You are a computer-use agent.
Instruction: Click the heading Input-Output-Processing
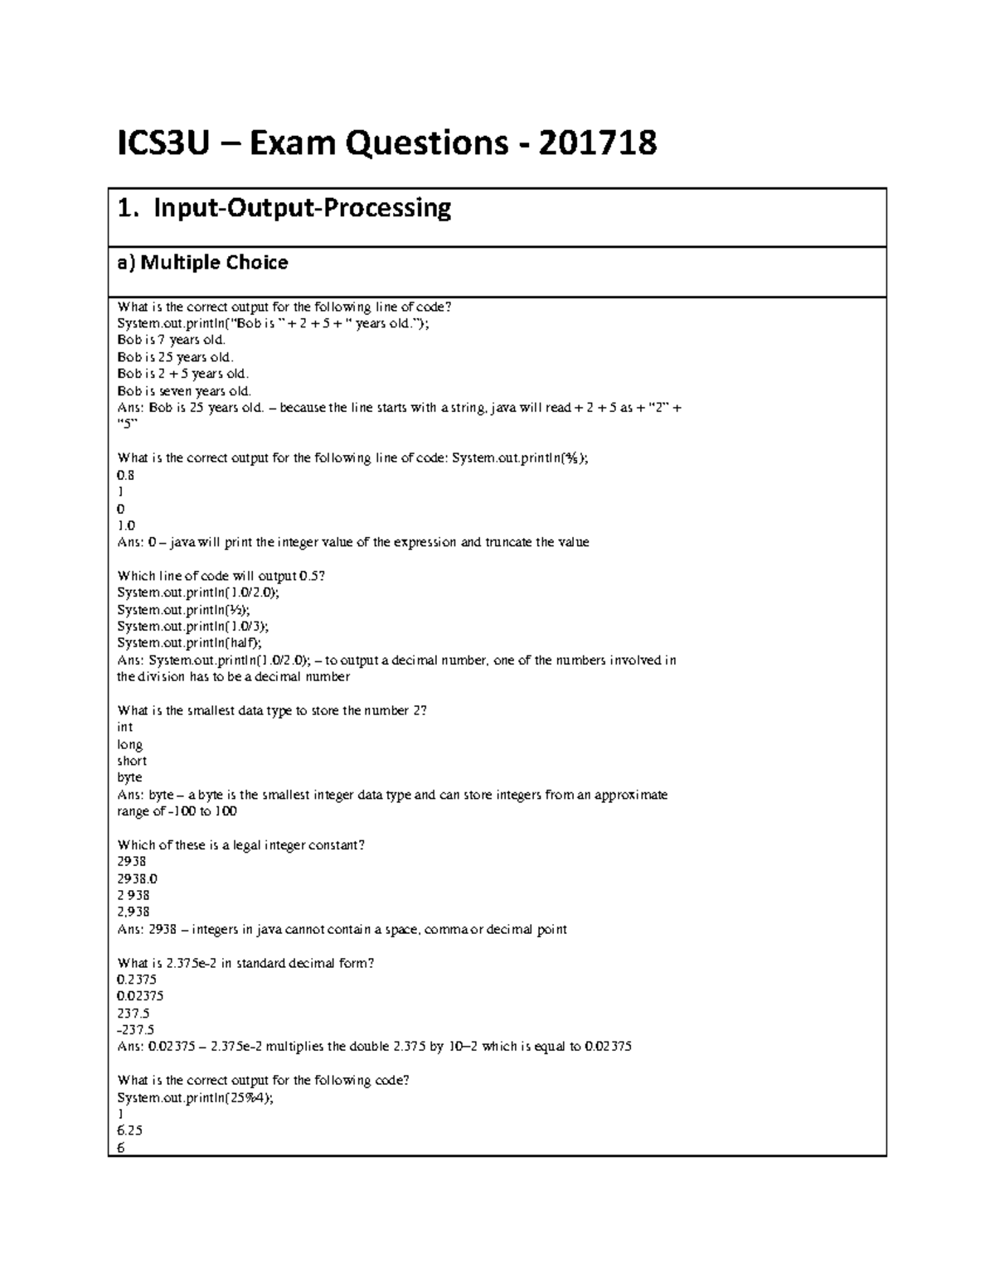point(302,208)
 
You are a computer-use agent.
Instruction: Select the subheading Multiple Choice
point(214,263)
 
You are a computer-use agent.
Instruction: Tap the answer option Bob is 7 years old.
point(172,340)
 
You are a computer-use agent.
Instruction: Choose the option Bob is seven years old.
point(184,390)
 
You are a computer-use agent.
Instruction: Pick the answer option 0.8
point(126,475)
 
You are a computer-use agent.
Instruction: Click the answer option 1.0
point(126,525)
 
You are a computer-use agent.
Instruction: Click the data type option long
point(130,744)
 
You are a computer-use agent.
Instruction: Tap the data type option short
point(132,761)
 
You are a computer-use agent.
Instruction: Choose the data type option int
point(125,727)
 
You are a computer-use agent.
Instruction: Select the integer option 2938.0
point(138,878)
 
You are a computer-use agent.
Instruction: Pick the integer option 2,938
point(133,912)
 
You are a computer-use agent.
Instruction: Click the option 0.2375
point(137,980)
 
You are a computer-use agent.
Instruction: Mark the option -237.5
point(136,1030)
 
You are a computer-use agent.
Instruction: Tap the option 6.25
point(130,1130)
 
